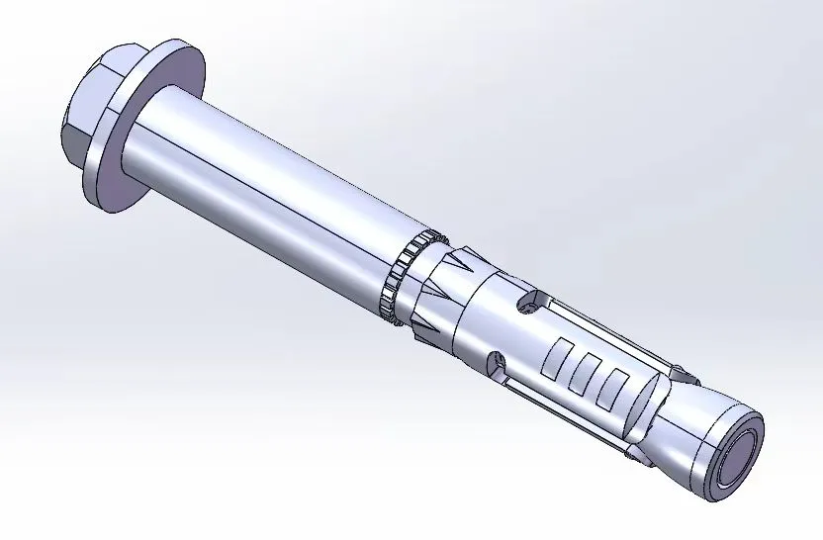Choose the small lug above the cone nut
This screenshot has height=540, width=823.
682,375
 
